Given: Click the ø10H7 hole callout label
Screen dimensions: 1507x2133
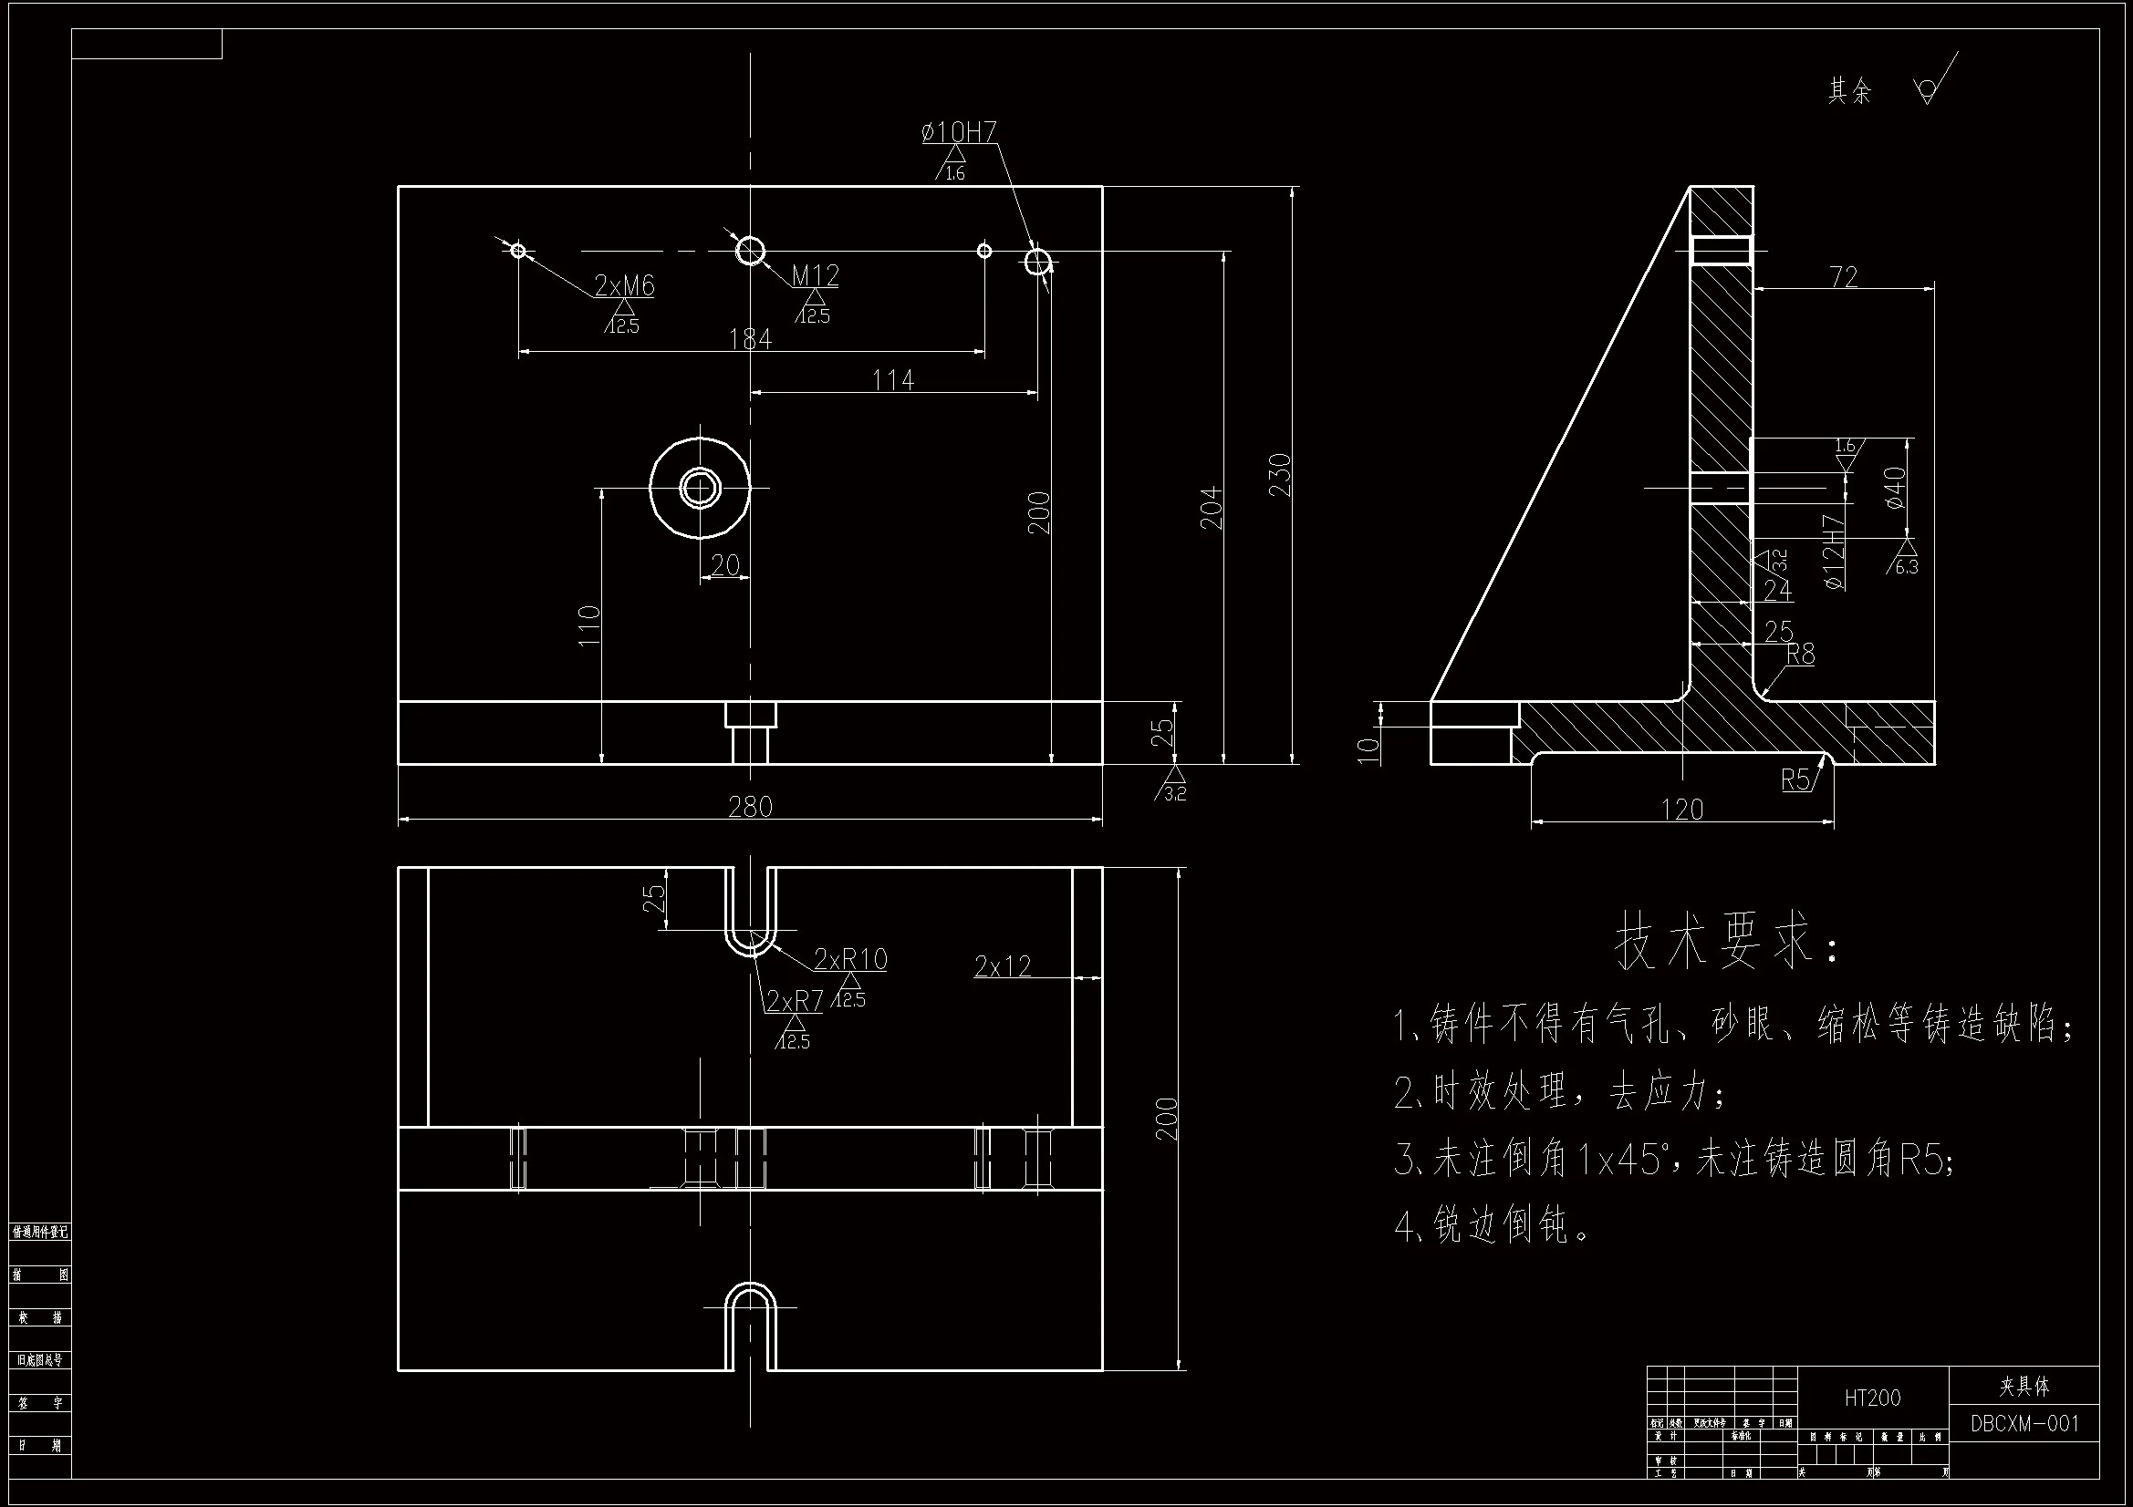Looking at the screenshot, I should point(959,133).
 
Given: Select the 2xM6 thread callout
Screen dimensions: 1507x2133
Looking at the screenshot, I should point(624,285).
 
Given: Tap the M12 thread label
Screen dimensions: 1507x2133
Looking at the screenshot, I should point(816,274).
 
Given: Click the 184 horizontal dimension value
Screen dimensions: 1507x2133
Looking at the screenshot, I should point(750,339).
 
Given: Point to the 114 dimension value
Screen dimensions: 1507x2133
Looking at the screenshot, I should point(893,380).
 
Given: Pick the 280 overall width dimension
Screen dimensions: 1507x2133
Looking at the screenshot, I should point(750,806).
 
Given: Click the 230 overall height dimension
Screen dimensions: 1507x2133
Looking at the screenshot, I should point(1280,474).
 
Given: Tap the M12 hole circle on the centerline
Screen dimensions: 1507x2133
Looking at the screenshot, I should point(751,250).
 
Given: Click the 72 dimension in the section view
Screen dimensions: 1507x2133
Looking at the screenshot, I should point(1843,277).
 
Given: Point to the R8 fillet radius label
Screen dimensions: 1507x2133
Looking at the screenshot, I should point(1800,655).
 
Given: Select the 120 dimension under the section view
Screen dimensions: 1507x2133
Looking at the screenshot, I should point(1681,810).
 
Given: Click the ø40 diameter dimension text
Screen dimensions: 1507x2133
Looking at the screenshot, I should point(1896,488).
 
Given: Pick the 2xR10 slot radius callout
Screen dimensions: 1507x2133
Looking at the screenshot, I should point(850,958).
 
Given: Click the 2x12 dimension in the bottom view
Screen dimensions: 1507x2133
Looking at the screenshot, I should point(1003,966).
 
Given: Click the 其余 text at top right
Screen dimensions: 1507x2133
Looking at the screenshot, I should point(1848,91).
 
